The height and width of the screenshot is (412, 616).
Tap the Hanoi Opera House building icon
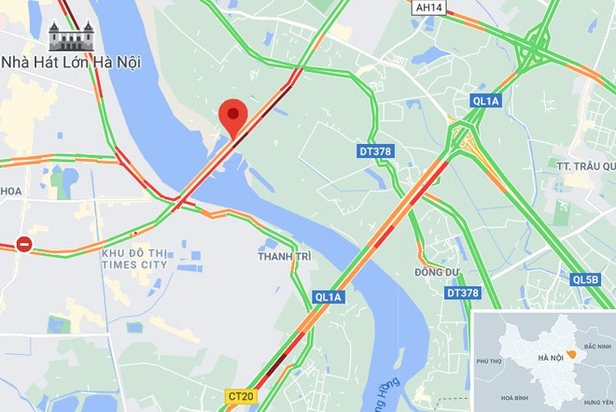point(71,36)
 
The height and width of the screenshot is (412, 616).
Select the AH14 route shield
point(428,7)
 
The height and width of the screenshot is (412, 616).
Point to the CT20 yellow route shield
point(240,397)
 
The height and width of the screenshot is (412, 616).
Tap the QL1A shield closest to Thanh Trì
point(329,297)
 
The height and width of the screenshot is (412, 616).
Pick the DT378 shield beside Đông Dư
point(462,293)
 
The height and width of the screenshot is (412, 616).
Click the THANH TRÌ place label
point(283,255)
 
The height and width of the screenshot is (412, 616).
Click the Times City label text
point(134,259)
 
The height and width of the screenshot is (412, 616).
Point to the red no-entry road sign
point(24,245)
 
